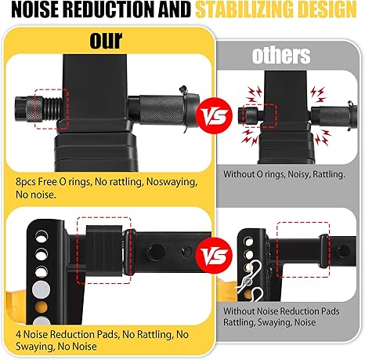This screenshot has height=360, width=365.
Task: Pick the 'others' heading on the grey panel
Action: coord(281,56)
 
